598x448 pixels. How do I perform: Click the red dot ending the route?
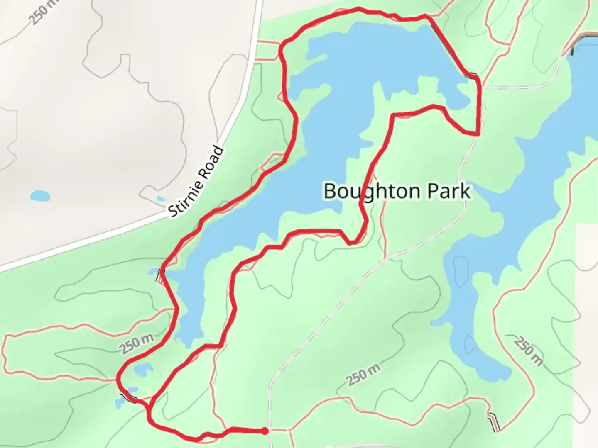(x=265, y=431)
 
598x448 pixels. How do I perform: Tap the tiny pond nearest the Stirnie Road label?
(x=160, y=199)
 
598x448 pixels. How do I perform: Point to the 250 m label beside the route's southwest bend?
(x=137, y=344)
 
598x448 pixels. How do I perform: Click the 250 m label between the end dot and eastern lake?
(x=363, y=375)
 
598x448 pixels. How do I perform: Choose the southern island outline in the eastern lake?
(x=469, y=345)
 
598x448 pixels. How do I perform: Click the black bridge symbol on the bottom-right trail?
(x=494, y=422)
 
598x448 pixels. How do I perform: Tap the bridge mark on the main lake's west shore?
(x=159, y=275)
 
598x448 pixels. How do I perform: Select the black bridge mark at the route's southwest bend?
(x=128, y=397)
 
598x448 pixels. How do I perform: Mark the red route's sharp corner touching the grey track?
(x=478, y=134)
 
